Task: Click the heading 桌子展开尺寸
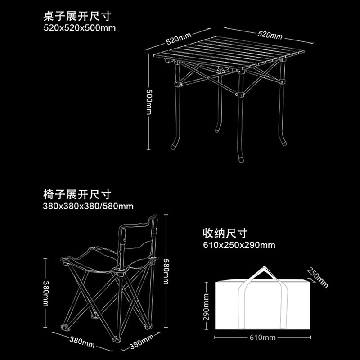[76, 17]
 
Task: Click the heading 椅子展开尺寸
[76, 195]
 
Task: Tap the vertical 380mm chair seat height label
[45, 292]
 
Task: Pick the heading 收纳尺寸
[225, 234]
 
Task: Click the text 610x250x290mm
[239, 245]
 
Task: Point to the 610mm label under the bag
[263, 337]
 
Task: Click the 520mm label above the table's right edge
[270, 34]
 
